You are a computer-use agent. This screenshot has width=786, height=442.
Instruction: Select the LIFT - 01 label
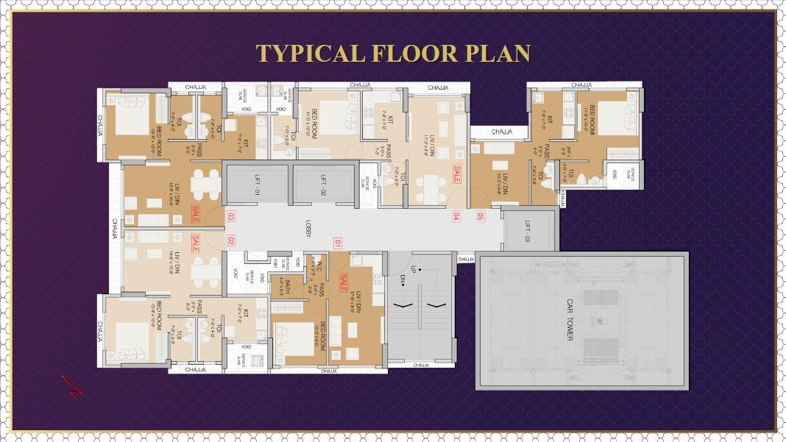(x=258, y=183)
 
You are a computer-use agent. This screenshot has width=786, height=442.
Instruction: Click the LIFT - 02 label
(x=323, y=183)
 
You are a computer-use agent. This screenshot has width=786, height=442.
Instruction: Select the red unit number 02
(x=230, y=240)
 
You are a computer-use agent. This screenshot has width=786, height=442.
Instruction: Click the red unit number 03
(x=230, y=217)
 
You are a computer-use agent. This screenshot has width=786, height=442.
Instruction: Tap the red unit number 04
(x=456, y=216)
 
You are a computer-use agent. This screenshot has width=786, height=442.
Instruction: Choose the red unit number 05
(x=481, y=216)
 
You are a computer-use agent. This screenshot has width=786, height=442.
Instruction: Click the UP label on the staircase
(x=415, y=269)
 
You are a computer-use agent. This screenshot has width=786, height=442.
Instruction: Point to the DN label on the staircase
(x=404, y=279)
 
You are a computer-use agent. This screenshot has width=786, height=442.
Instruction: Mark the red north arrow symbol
(x=71, y=385)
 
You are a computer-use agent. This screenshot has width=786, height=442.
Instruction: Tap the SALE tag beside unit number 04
(x=456, y=175)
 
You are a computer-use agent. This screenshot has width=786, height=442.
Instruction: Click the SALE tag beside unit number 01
(x=344, y=282)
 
